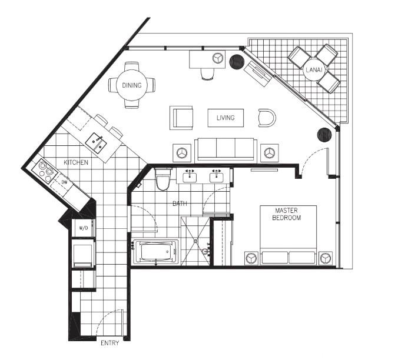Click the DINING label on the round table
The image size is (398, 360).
tap(132, 85)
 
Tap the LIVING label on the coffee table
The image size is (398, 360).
tap(225, 118)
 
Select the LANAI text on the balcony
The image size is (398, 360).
tap(314, 70)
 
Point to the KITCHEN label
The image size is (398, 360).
tap(76, 162)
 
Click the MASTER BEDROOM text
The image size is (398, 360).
tap(286, 214)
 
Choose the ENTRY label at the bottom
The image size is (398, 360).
tap(110, 343)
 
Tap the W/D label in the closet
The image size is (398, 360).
tap(83, 228)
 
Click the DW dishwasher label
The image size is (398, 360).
tap(64, 182)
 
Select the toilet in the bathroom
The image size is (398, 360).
tap(162, 179)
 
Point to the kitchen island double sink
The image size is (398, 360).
tap(96, 144)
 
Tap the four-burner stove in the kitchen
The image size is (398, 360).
tap(45, 172)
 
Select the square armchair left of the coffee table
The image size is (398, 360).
tap(181, 118)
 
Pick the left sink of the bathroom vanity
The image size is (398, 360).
tap(190, 176)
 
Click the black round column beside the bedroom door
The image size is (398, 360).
tap(324, 135)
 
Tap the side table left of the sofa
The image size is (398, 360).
tap(182, 153)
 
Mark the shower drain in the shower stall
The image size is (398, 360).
tap(195, 241)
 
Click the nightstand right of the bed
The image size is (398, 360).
tap(326, 258)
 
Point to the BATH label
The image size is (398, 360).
tap(180, 204)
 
